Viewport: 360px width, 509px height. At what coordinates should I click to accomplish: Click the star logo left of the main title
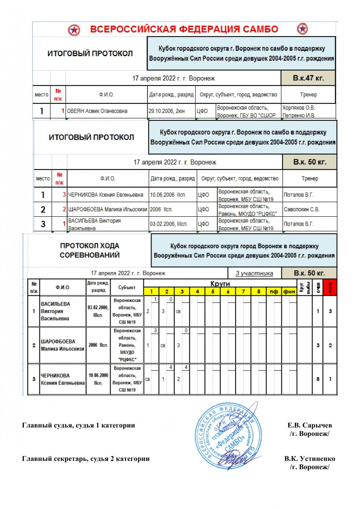pos(74,30)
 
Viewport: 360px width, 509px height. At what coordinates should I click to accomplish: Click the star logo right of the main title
pos(302,29)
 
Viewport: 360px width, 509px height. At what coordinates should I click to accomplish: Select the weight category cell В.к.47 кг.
pos(308,78)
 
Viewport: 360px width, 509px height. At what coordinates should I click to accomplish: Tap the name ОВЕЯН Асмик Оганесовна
pos(97,111)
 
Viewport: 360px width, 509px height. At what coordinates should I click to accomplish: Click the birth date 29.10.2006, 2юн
pos(167,111)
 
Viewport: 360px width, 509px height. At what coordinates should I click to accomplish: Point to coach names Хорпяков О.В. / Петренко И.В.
pos(299,111)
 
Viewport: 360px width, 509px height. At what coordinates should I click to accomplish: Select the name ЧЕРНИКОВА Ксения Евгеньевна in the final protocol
pos(105,195)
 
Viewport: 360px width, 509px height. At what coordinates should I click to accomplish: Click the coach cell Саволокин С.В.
pos(301,209)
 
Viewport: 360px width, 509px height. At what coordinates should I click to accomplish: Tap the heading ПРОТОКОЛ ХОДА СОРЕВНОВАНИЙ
pos(89,250)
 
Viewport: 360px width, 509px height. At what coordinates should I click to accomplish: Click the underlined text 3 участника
pos(254,273)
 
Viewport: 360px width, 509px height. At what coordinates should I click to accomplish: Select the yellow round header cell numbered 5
pos(213,291)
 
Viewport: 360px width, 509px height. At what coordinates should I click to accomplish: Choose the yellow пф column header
pos(274,291)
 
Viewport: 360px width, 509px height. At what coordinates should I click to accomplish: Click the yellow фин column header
pos(289,291)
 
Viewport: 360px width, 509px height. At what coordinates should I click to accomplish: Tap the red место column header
pos(330,287)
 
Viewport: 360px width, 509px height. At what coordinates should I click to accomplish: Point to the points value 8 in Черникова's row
pos(318,379)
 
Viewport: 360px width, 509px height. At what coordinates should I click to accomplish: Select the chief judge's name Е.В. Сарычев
pos(310,425)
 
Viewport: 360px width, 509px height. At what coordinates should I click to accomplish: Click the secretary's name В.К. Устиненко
pos(310,459)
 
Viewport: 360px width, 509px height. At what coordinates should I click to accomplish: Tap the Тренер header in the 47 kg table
pos(309,95)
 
